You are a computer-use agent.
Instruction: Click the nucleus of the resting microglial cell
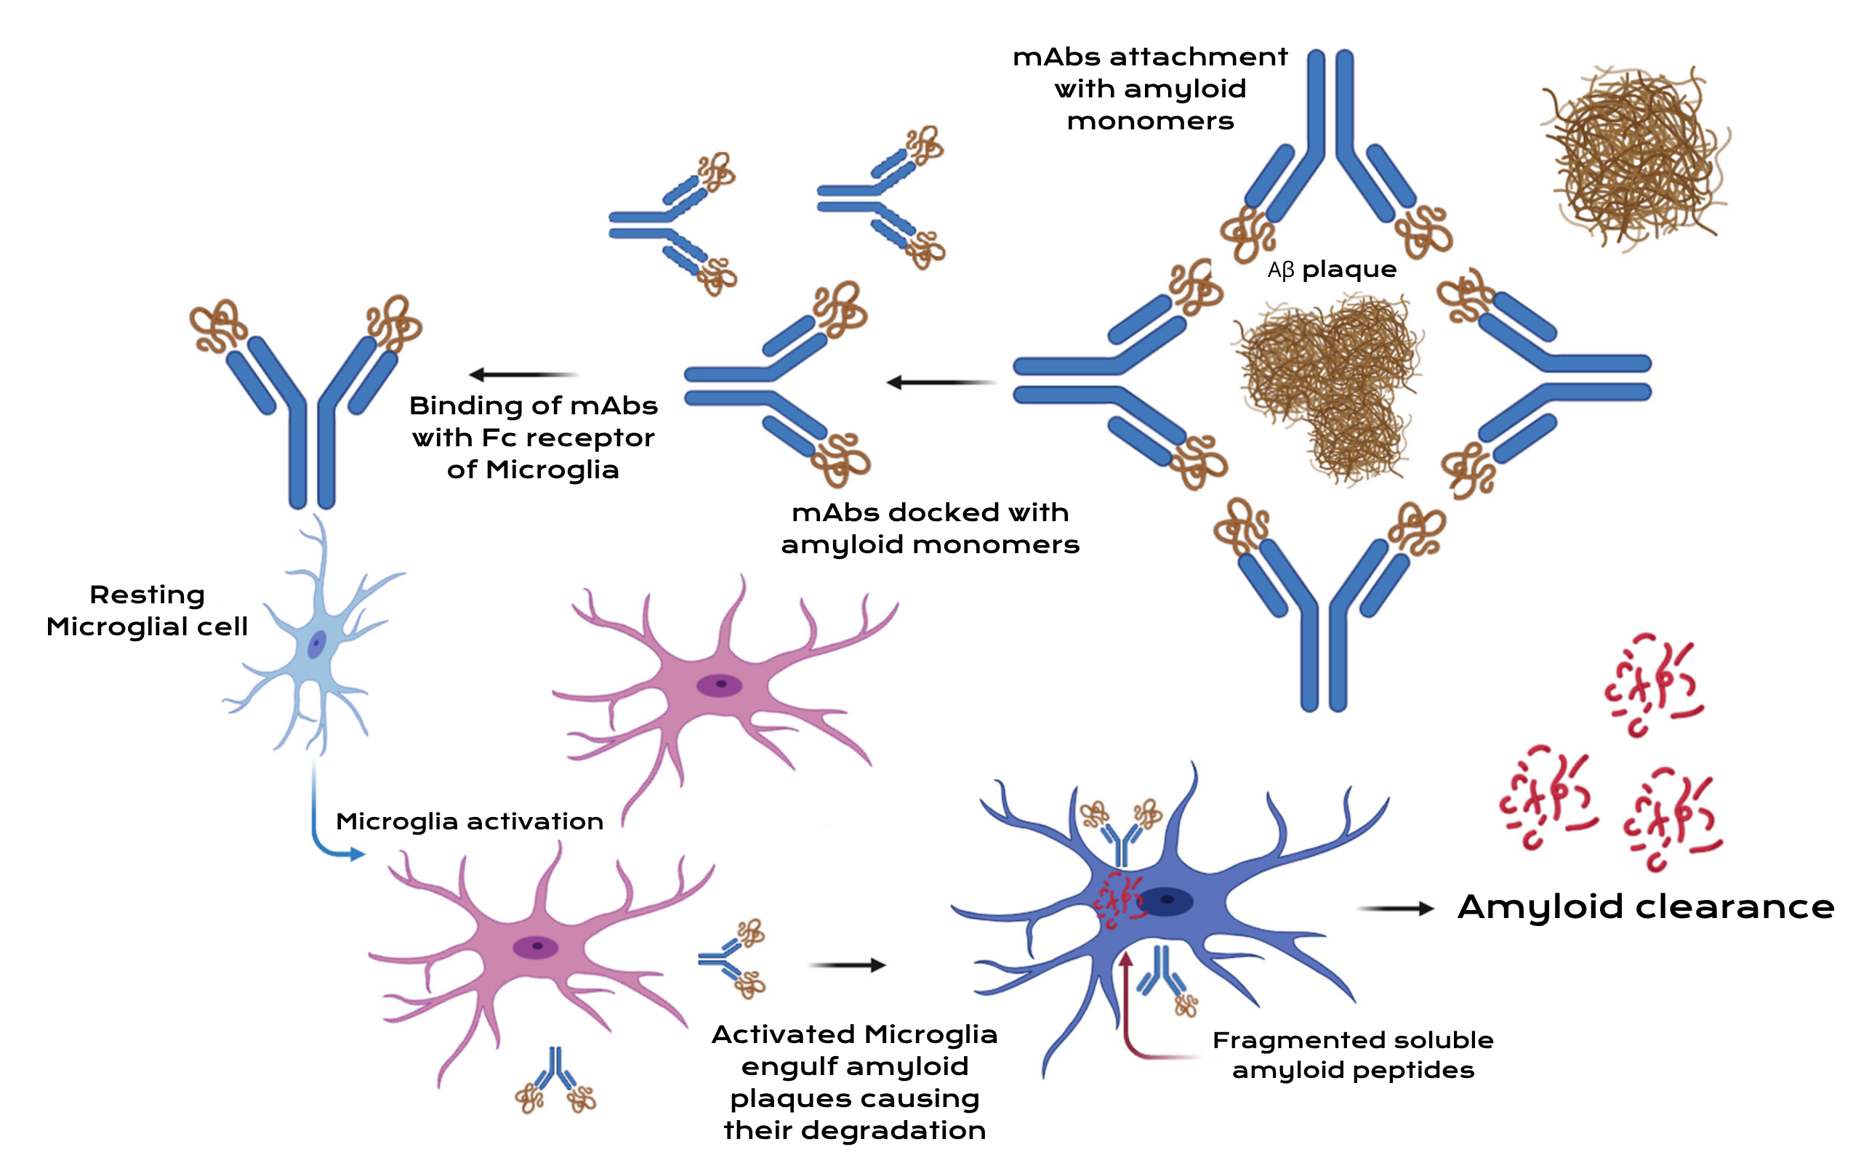[x=317, y=645]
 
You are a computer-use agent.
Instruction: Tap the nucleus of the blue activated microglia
[x=1166, y=901]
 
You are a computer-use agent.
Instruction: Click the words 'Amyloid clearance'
[x=1646, y=907]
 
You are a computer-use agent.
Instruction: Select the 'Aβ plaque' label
[x=1332, y=270]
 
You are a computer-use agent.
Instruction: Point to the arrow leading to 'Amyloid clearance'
[x=1395, y=909]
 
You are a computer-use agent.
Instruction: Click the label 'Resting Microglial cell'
[x=147, y=611]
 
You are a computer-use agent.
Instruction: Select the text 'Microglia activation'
[x=469, y=821]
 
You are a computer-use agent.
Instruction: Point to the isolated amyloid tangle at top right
[x=1634, y=158]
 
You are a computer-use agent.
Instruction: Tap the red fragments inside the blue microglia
[x=1119, y=900]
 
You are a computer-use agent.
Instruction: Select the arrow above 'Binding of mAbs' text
[x=523, y=374]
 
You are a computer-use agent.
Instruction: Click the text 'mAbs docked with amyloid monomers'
[x=930, y=528]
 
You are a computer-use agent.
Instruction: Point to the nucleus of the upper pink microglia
[x=719, y=684]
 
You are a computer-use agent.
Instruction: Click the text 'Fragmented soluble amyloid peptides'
[x=1353, y=1055]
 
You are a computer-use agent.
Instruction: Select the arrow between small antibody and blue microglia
[x=847, y=965]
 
